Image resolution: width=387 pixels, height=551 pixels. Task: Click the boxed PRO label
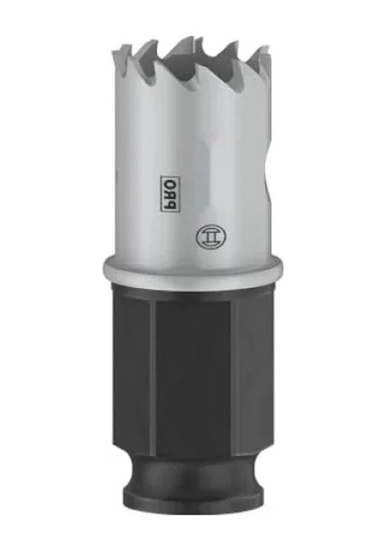(x=170, y=192)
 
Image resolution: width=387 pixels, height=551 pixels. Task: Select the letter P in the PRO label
(x=170, y=205)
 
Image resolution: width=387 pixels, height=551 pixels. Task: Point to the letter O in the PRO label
(x=170, y=182)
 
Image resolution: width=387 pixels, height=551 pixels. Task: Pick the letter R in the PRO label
(x=170, y=193)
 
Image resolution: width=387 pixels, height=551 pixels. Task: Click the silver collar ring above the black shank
(x=193, y=269)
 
